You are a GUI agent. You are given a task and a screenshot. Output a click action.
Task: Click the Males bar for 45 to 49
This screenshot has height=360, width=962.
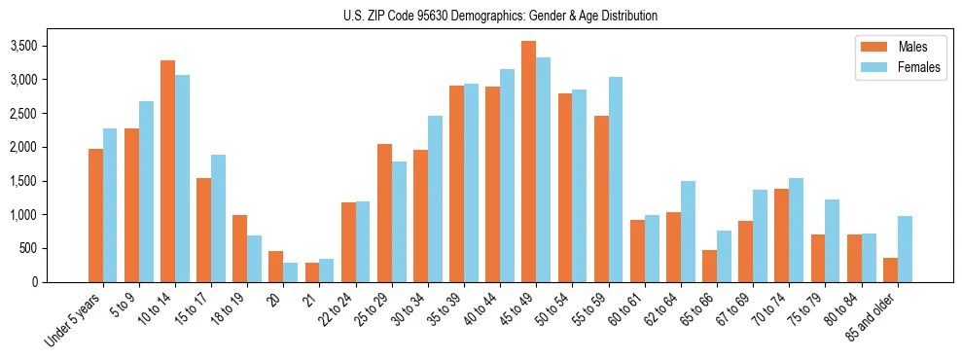[529, 162]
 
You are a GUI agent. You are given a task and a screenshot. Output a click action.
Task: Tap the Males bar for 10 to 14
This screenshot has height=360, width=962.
[167, 171]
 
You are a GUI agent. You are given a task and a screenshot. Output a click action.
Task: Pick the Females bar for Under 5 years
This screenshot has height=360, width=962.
[110, 205]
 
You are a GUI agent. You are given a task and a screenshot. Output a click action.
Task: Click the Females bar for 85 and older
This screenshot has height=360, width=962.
[905, 249]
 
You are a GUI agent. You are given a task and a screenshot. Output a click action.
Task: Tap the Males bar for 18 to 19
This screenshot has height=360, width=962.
[239, 248]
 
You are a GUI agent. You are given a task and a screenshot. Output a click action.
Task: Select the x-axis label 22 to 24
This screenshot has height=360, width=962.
[348, 307]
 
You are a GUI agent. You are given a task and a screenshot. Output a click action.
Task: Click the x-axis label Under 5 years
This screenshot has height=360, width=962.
[73, 317]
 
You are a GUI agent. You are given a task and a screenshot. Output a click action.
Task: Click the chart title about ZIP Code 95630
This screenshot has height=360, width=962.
[500, 16]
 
